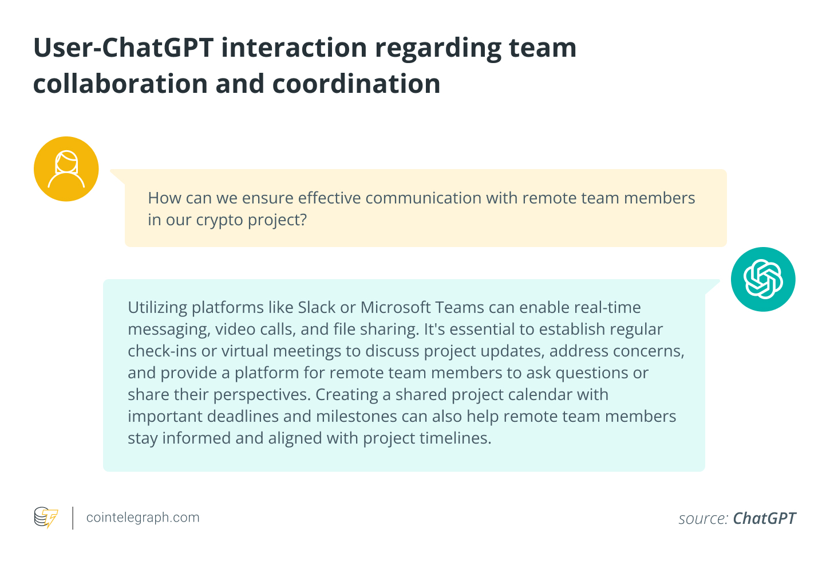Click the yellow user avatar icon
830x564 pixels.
point(66,169)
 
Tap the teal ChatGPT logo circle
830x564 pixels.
point(763,279)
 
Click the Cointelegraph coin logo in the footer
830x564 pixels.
point(46,517)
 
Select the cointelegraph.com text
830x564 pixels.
point(143,517)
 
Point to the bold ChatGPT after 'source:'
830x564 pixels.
point(764,518)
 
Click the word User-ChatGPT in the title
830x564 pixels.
point(124,48)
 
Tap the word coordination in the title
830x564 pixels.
point(356,84)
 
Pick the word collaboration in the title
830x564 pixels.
point(120,84)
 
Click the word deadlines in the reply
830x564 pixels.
point(243,416)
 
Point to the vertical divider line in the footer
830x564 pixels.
point(73,518)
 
